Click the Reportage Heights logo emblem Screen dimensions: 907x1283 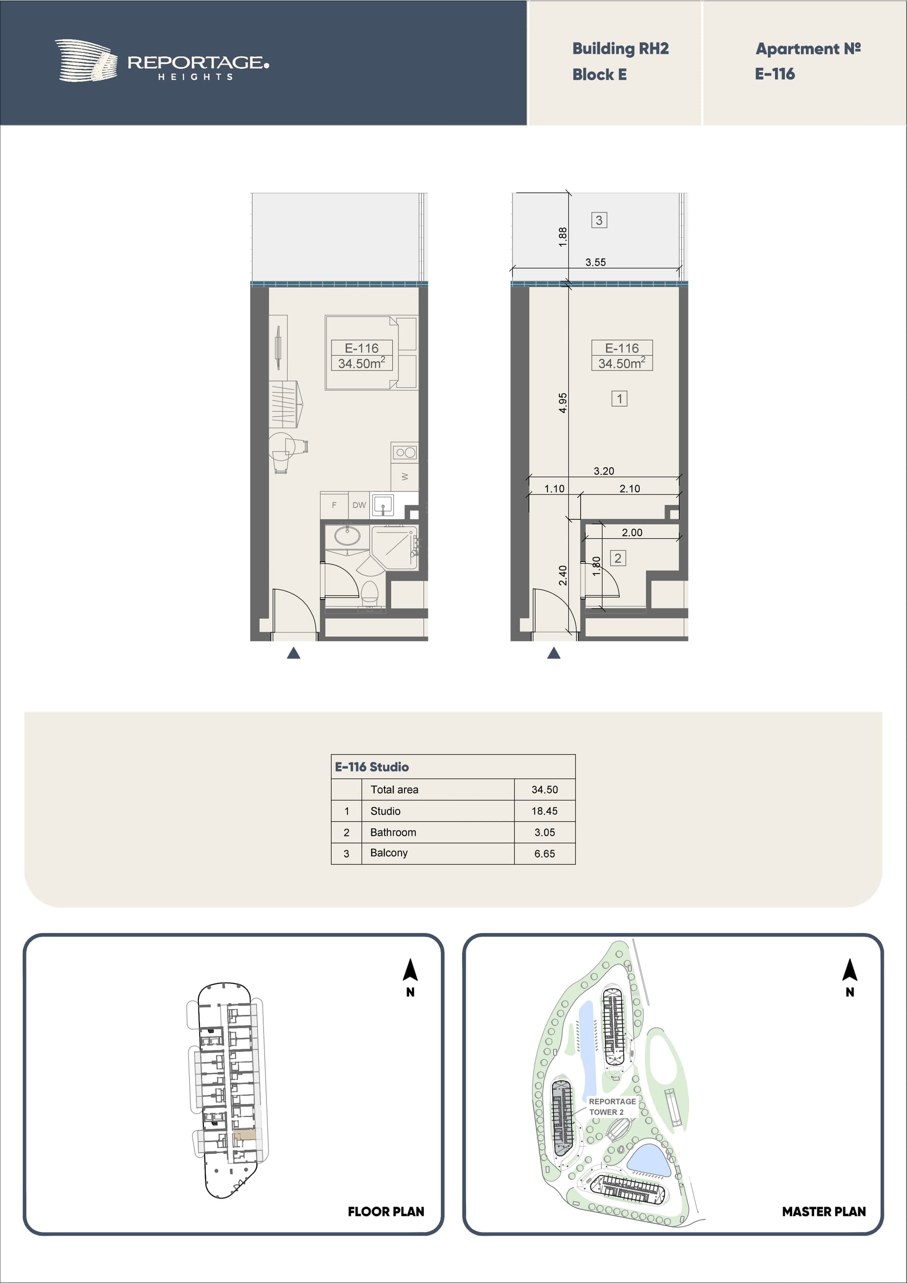coord(86,60)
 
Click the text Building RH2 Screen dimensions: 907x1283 coord(620,49)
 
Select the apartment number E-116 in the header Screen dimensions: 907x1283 coord(775,74)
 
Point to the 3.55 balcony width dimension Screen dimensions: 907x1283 coord(596,262)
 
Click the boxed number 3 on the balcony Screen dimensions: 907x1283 coord(599,220)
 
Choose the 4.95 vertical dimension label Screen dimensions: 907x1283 coord(563,403)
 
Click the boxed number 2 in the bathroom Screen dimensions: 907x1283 coord(617,558)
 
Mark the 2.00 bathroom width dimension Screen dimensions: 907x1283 coord(632,532)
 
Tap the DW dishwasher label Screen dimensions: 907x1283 coord(359,505)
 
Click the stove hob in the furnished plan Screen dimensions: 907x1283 coord(404,452)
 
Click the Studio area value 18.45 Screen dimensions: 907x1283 coord(544,811)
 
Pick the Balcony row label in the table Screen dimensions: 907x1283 coord(389,853)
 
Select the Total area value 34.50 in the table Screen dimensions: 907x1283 coord(544,789)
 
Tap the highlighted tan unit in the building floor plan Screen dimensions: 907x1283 coord(244,1135)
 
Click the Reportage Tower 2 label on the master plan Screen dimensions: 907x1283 coord(612,1106)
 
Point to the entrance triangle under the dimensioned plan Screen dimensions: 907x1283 coord(553,653)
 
